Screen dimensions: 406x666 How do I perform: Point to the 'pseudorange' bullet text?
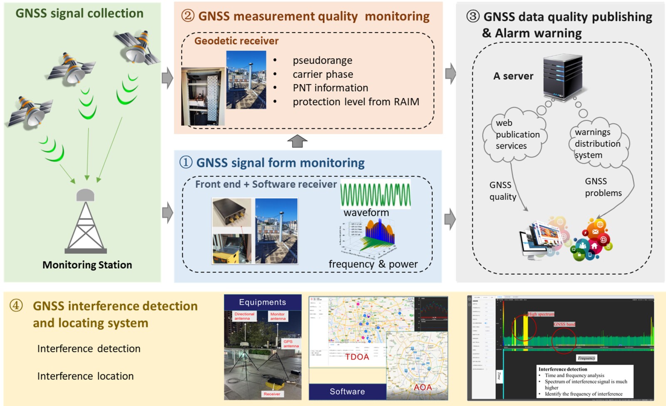[x=322, y=60]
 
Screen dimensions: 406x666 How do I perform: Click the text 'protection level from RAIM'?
[x=355, y=102]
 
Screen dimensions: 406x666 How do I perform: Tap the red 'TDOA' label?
[x=357, y=357]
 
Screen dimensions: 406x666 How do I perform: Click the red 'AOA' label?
[x=422, y=387]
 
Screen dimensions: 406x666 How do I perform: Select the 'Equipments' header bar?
[x=262, y=302]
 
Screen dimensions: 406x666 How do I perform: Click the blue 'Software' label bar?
[x=347, y=391]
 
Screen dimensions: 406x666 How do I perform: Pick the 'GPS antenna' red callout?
[x=291, y=344]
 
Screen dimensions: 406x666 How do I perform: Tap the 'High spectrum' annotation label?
[x=541, y=314]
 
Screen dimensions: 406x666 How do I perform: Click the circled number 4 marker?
[x=16, y=306]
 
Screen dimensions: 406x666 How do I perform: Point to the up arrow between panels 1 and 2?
[x=297, y=141]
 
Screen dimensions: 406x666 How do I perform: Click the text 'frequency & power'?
[x=373, y=264]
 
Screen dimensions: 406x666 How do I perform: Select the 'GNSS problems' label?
[x=603, y=187]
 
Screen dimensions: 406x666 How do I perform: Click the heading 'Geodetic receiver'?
[x=236, y=41]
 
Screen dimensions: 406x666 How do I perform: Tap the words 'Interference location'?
[x=85, y=376]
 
